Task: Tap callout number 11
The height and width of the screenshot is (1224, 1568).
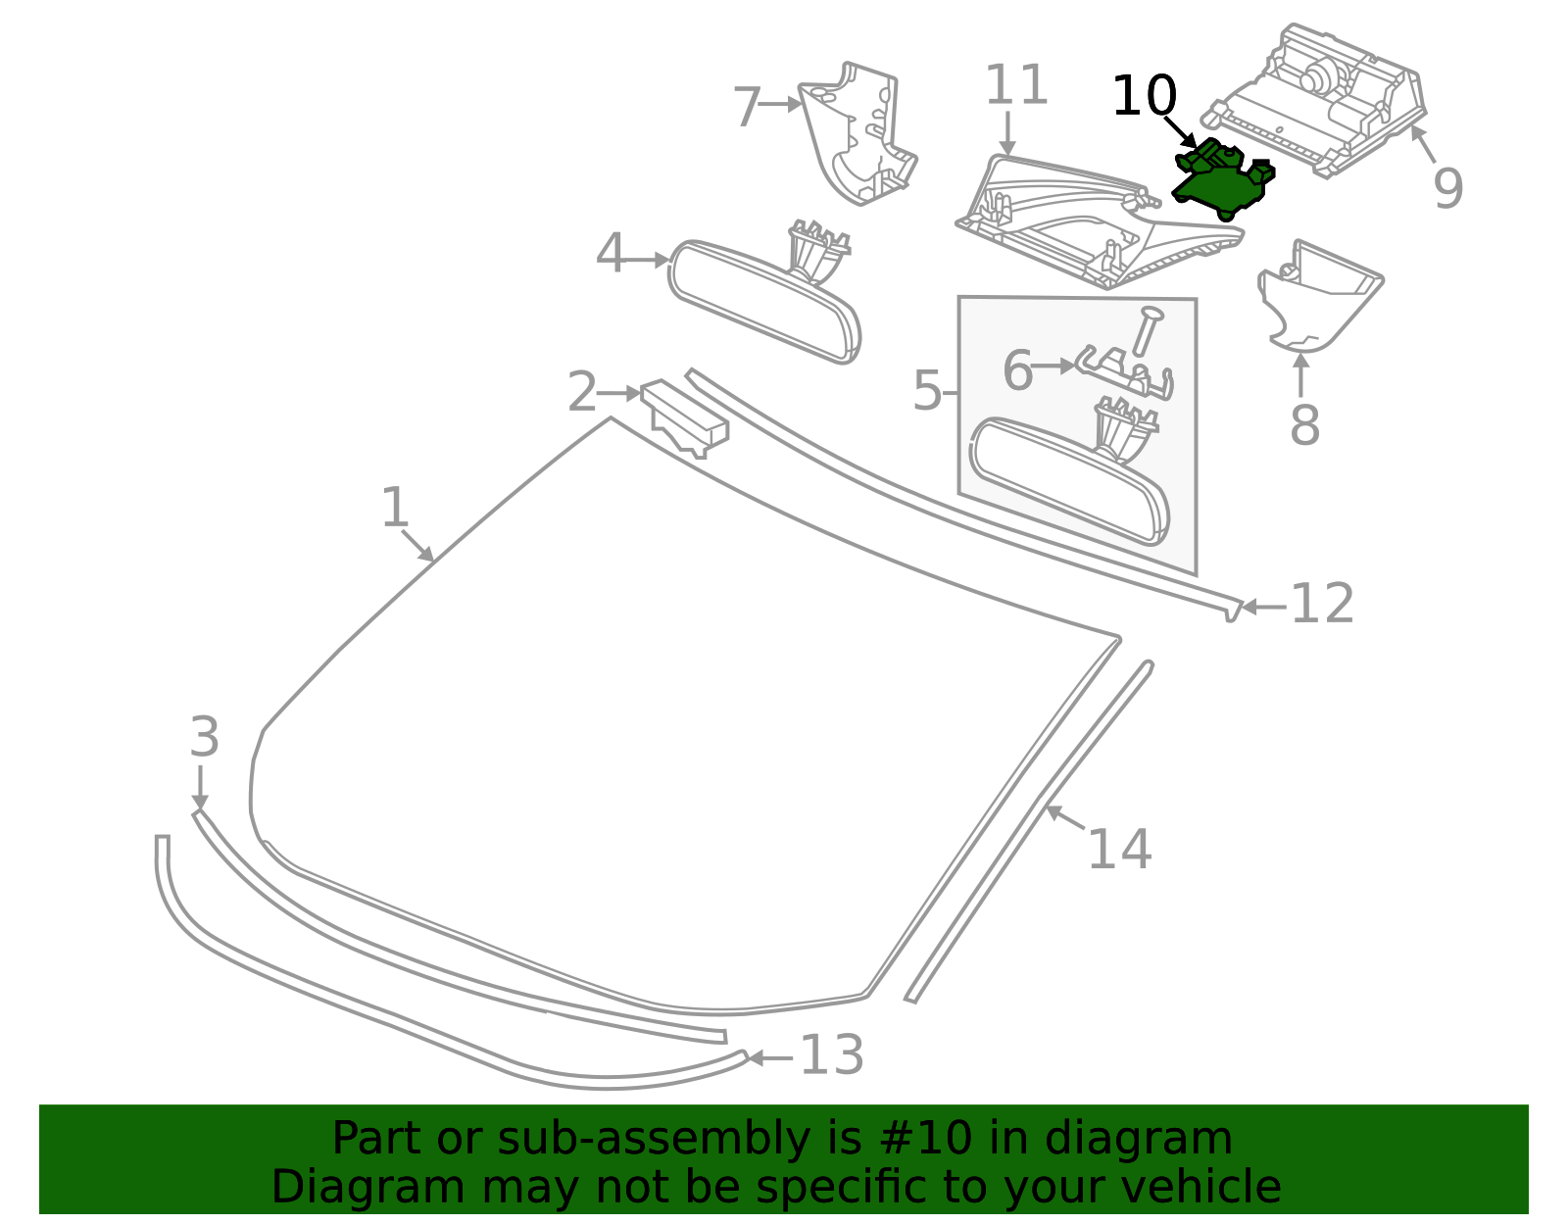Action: (x=1016, y=84)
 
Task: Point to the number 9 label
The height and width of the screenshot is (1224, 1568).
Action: (x=1447, y=187)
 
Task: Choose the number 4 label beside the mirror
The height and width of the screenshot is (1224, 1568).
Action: (x=610, y=253)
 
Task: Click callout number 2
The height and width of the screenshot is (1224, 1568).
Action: (x=582, y=392)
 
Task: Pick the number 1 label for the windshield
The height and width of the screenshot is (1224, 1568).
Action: (x=395, y=507)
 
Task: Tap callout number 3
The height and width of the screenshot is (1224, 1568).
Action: (x=204, y=736)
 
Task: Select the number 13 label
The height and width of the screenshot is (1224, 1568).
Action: (x=832, y=1055)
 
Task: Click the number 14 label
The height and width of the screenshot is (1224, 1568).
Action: (x=1119, y=850)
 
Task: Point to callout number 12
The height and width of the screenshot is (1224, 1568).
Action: (x=1322, y=604)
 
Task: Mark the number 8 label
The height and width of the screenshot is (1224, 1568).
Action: (x=1304, y=425)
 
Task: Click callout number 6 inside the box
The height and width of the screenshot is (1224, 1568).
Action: (x=1018, y=370)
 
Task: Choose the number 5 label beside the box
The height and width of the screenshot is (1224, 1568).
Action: (x=928, y=391)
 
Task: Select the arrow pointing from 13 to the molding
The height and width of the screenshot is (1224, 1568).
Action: (x=770, y=1058)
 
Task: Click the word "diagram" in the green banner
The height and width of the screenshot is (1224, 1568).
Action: (x=1138, y=1140)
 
